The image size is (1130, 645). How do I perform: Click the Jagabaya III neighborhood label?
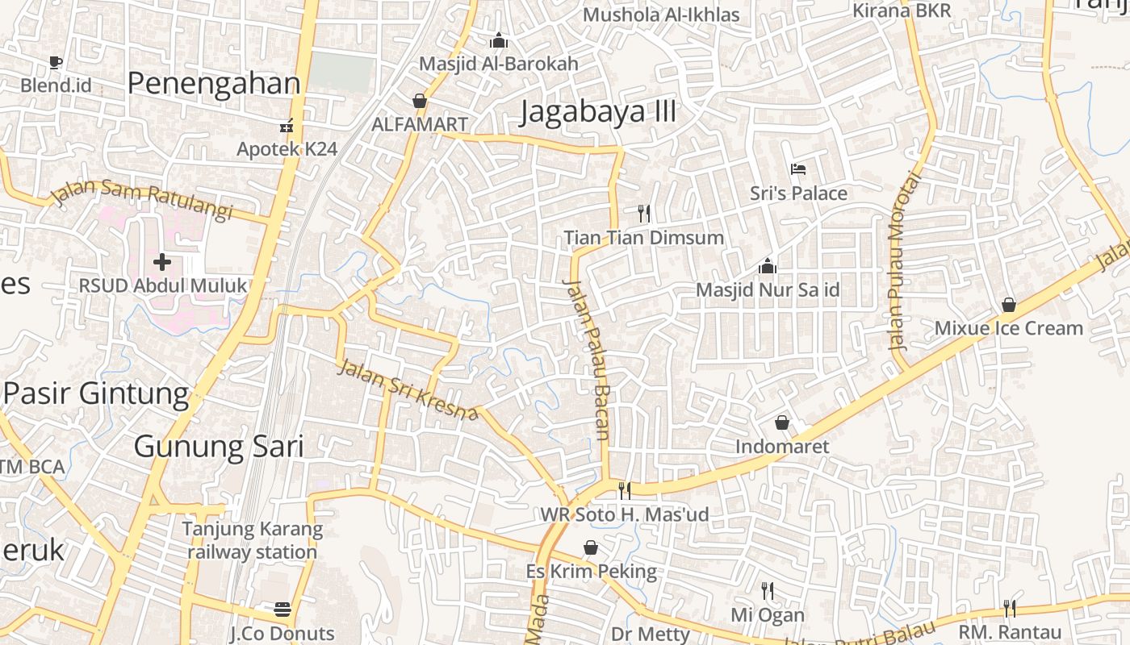coord(597,111)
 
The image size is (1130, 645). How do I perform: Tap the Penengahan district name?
coord(214,83)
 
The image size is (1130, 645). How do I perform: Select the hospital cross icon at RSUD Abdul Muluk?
coord(162,262)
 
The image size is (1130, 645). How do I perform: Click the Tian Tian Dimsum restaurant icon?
coord(643,214)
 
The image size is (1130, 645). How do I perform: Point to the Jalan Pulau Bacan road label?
coord(587,360)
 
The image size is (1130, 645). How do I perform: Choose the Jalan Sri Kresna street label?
coord(408,390)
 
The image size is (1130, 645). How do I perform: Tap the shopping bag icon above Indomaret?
coord(781,422)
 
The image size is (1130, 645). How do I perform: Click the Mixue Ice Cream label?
coord(1008,328)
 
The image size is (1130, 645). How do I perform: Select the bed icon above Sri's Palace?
coord(798,169)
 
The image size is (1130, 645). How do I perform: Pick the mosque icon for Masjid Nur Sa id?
coord(767,266)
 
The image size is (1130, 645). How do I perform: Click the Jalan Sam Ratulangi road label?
coord(141,200)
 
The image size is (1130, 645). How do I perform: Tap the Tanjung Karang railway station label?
coord(252,541)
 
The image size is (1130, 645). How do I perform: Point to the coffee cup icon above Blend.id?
coord(55,62)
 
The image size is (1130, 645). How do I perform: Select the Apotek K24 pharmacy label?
coord(287,149)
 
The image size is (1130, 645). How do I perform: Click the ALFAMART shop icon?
coord(419,101)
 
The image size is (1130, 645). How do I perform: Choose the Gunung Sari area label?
coord(218,446)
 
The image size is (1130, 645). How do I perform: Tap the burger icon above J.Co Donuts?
coord(282,609)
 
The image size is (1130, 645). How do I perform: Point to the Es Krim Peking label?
coord(591,572)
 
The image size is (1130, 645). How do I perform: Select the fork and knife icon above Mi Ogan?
coord(768,592)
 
